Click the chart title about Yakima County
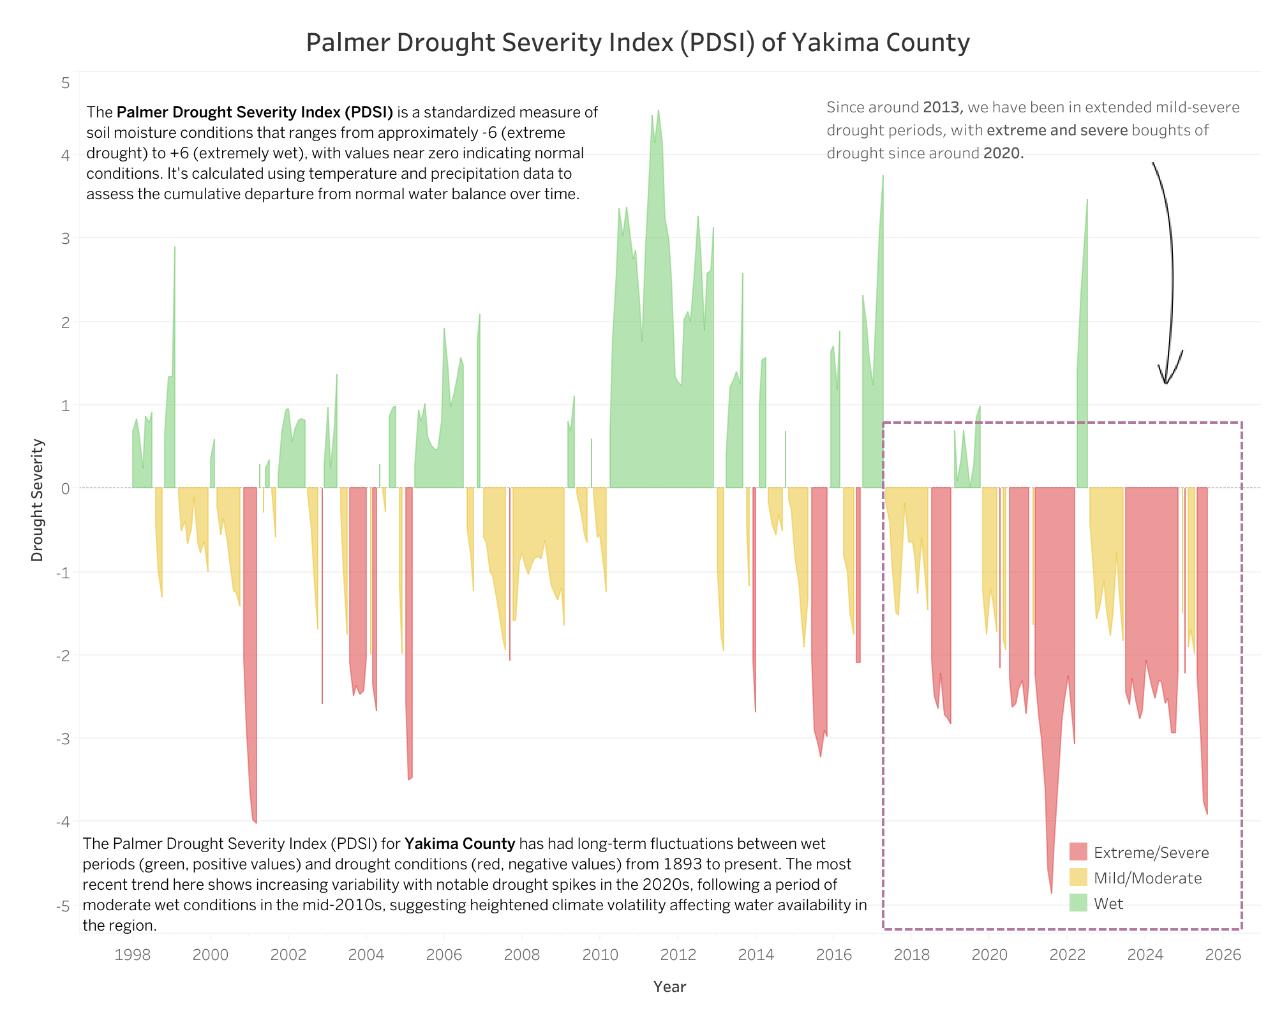637,43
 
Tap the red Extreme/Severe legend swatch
1078,852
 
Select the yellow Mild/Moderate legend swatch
1078,878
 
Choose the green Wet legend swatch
1078,903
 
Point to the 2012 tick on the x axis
677,955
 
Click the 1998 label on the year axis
133,955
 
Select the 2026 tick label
1223,955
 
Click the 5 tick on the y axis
66,83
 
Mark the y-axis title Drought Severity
38,500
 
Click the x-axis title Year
669,987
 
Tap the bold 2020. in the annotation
1003,153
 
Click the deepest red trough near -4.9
1051,891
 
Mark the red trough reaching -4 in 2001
255,821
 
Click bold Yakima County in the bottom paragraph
459,844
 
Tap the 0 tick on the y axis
65,489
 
